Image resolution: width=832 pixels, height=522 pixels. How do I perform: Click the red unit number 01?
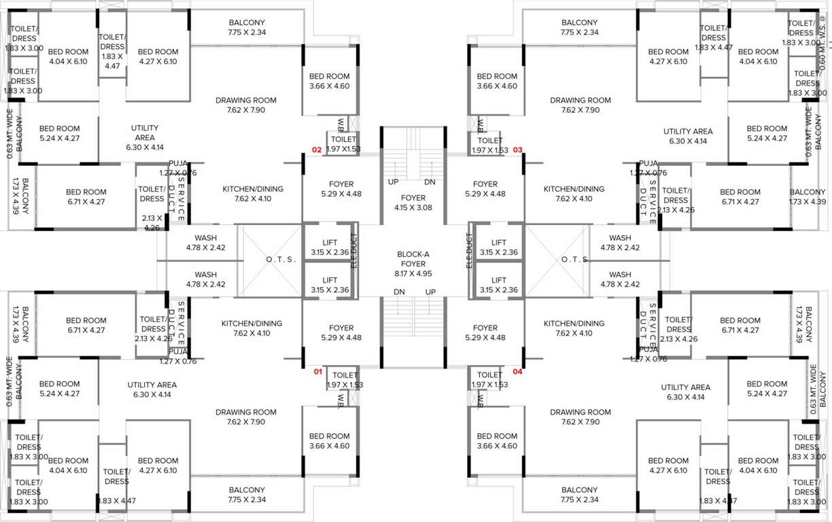(x=317, y=372)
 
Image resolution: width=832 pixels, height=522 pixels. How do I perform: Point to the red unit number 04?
(x=517, y=372)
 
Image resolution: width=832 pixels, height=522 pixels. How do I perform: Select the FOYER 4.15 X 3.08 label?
(x=413, y=203)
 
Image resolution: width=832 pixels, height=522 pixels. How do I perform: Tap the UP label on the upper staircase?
(x=393, y=182)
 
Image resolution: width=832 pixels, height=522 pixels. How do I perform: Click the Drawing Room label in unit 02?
(x=246, y=105)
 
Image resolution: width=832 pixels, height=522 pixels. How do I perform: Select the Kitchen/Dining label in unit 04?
(x=574, y=328)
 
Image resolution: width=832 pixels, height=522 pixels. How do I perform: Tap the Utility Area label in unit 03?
(x=688, y=136)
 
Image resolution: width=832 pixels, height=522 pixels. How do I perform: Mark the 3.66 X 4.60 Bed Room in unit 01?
(x=329, y=441)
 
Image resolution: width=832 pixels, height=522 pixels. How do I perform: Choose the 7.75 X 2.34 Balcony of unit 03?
(x=580, y=27)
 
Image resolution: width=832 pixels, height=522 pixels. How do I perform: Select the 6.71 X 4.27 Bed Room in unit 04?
(x=740, y=325)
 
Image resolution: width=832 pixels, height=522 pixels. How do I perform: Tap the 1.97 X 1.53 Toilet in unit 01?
(x=345, y=379)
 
